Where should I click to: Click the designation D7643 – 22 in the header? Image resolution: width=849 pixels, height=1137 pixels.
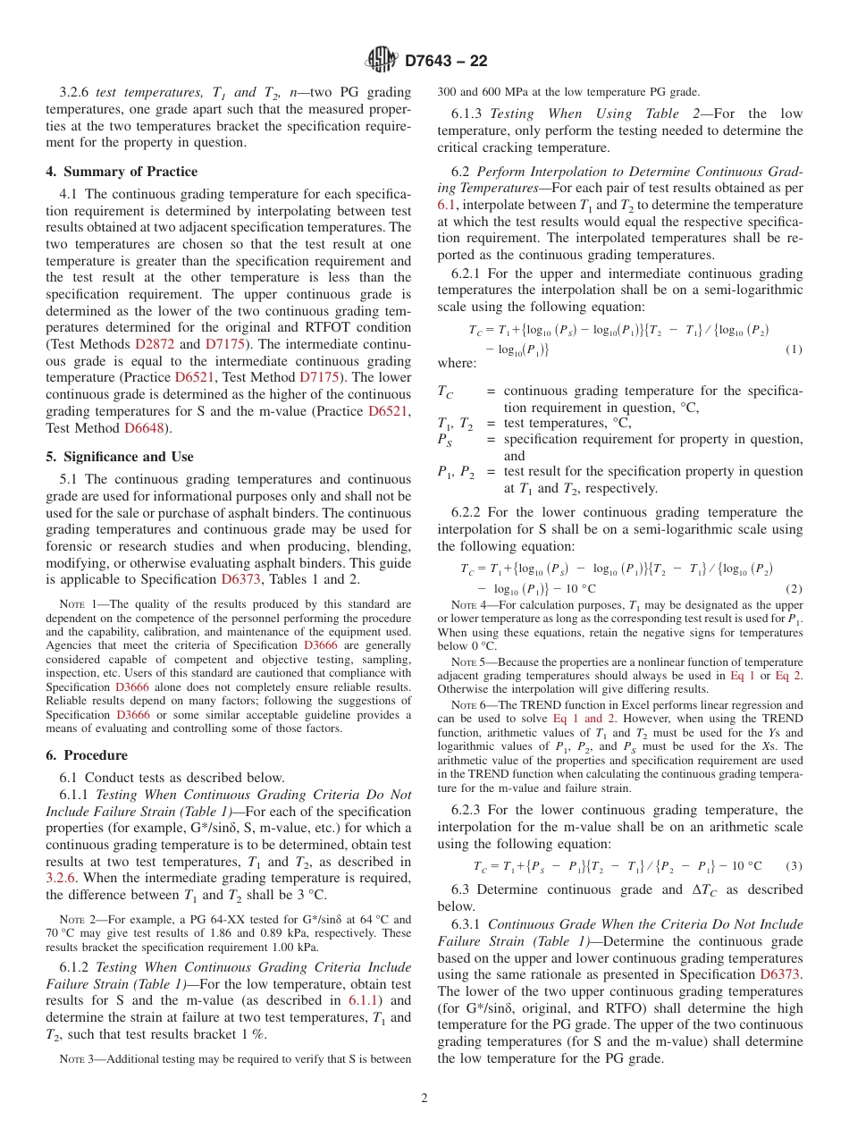point(446,62)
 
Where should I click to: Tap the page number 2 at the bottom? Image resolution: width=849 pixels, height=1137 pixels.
point(424,1098)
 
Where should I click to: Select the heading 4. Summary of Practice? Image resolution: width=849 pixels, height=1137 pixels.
point(122,172)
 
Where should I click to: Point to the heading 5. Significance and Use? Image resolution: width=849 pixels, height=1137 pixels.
point(120,457)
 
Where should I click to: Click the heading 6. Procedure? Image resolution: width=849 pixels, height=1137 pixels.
point(87,755)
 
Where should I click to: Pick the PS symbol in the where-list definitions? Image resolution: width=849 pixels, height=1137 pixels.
point(444,440)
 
